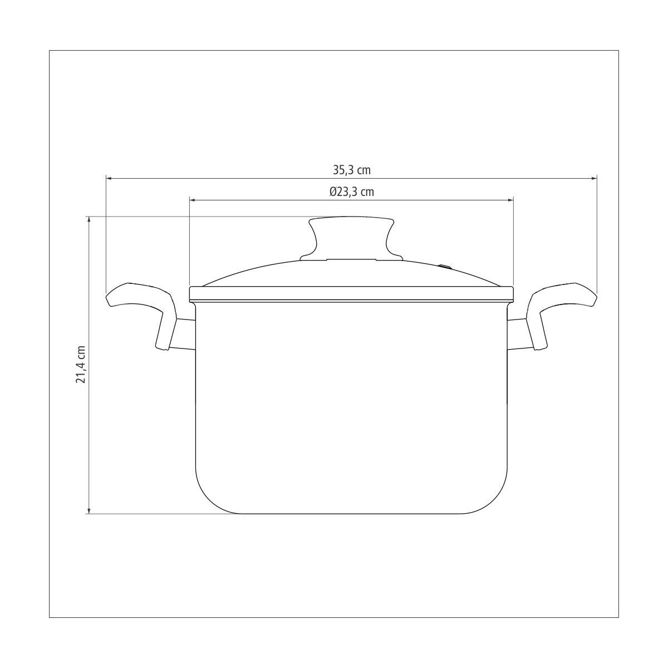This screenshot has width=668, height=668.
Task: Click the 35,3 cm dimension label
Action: [x=351, y=170]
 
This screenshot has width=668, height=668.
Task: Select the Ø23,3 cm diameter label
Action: [x=351, y=191]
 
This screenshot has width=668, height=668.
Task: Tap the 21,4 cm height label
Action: [x=80, y=364]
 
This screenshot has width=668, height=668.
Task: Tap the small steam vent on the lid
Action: [x=445, y=267]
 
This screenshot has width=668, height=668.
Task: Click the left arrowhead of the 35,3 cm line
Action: [x=108, y=179]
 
